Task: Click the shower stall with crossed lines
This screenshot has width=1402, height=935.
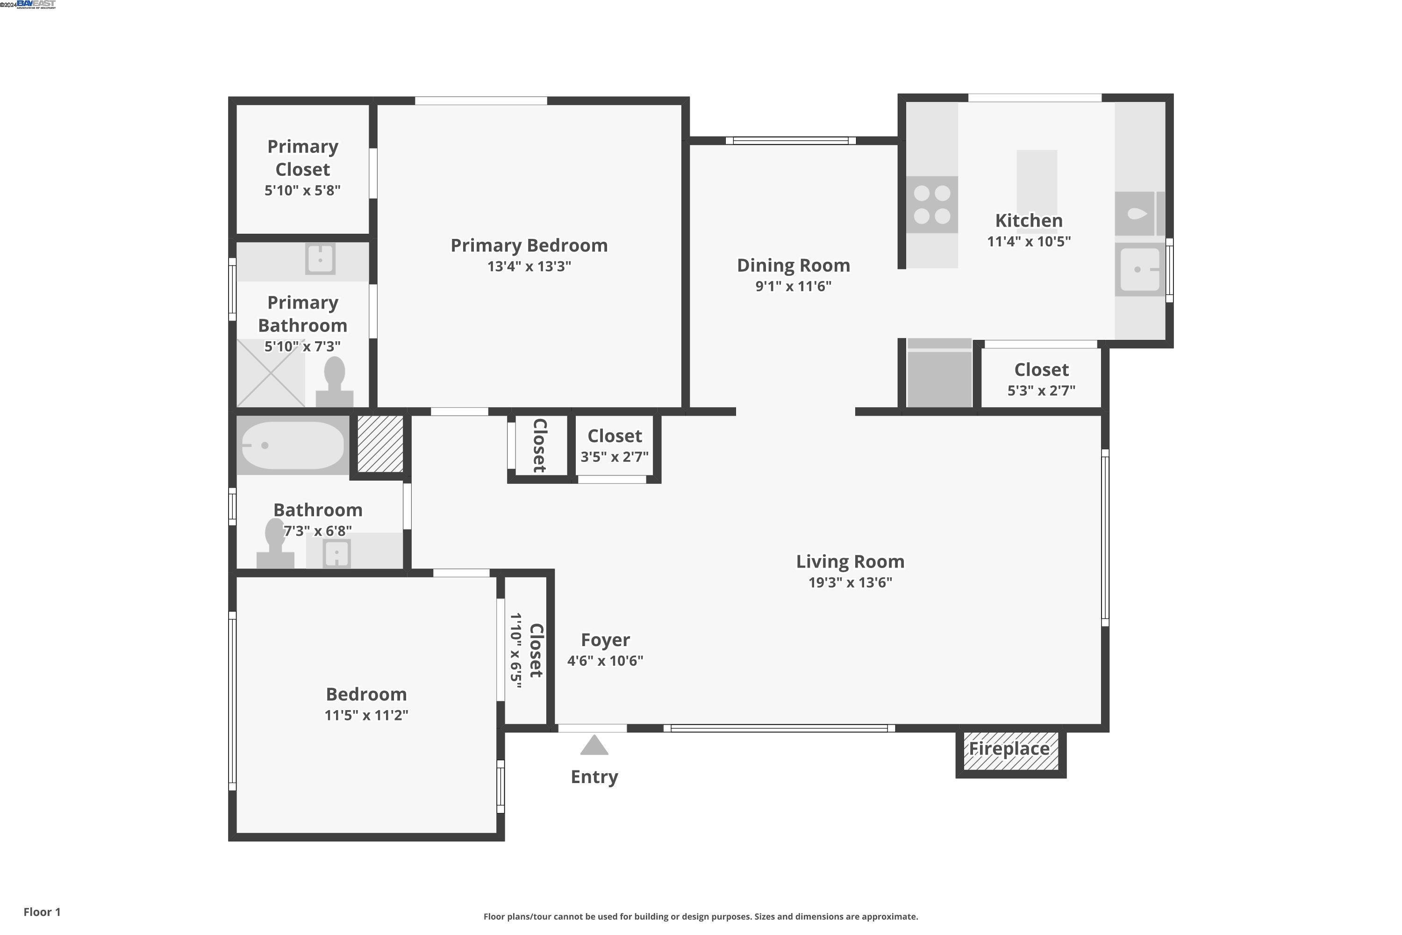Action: pos(271,373)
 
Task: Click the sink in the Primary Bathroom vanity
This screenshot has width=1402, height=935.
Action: pos(320,259)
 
